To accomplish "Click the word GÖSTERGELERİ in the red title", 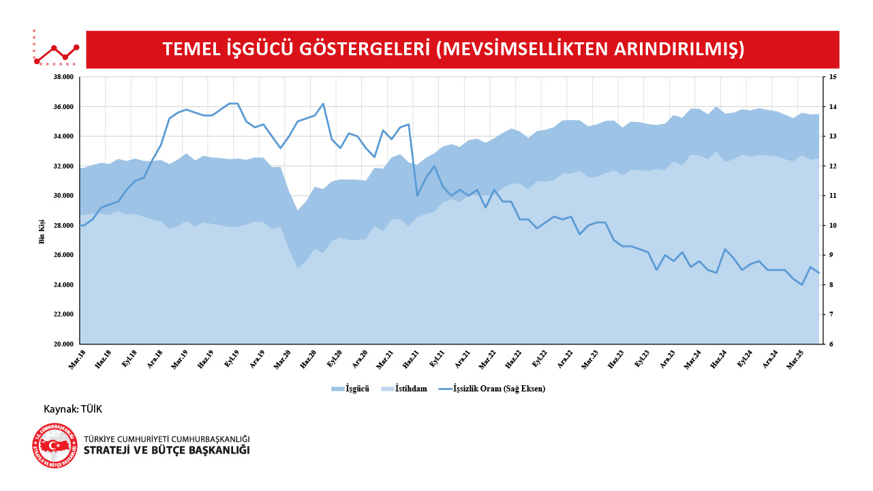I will point(365,50).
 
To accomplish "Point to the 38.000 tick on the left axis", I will point(62,77).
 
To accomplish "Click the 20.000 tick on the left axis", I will point(62,344).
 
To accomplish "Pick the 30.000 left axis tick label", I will point(62,196).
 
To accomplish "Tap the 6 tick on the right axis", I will point(830,344).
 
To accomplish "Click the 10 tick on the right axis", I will point(832,226).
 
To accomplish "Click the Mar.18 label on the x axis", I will point(77,359).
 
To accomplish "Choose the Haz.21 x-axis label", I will point(411,359).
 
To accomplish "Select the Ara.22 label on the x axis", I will point(565,359).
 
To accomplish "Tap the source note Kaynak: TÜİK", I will point(73,409).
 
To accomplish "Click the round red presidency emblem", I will point(55,446).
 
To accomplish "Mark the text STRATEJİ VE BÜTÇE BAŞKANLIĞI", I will point(166,451).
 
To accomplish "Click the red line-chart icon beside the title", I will point(56,49).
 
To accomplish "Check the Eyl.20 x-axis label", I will point(334,359).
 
